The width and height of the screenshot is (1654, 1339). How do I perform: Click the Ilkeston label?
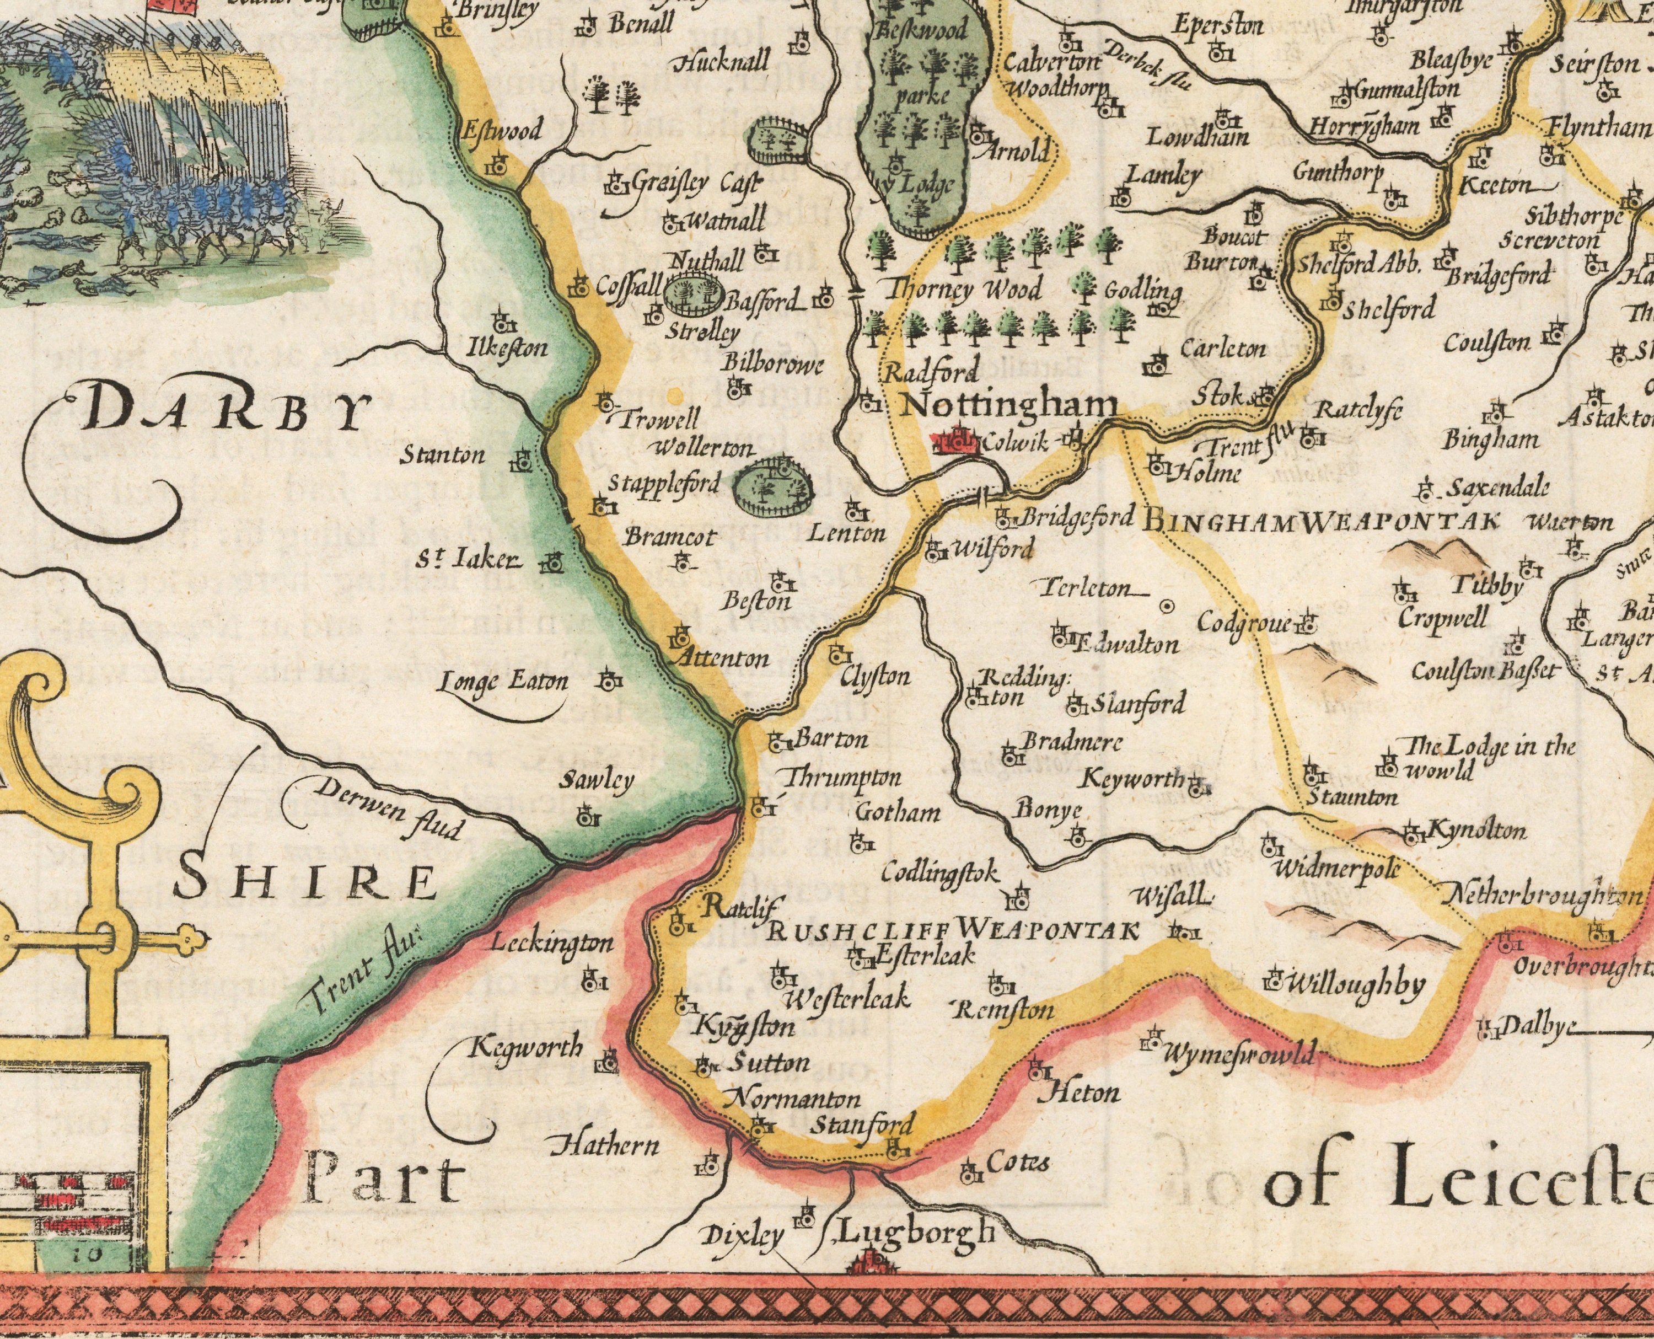coord(507,349)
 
